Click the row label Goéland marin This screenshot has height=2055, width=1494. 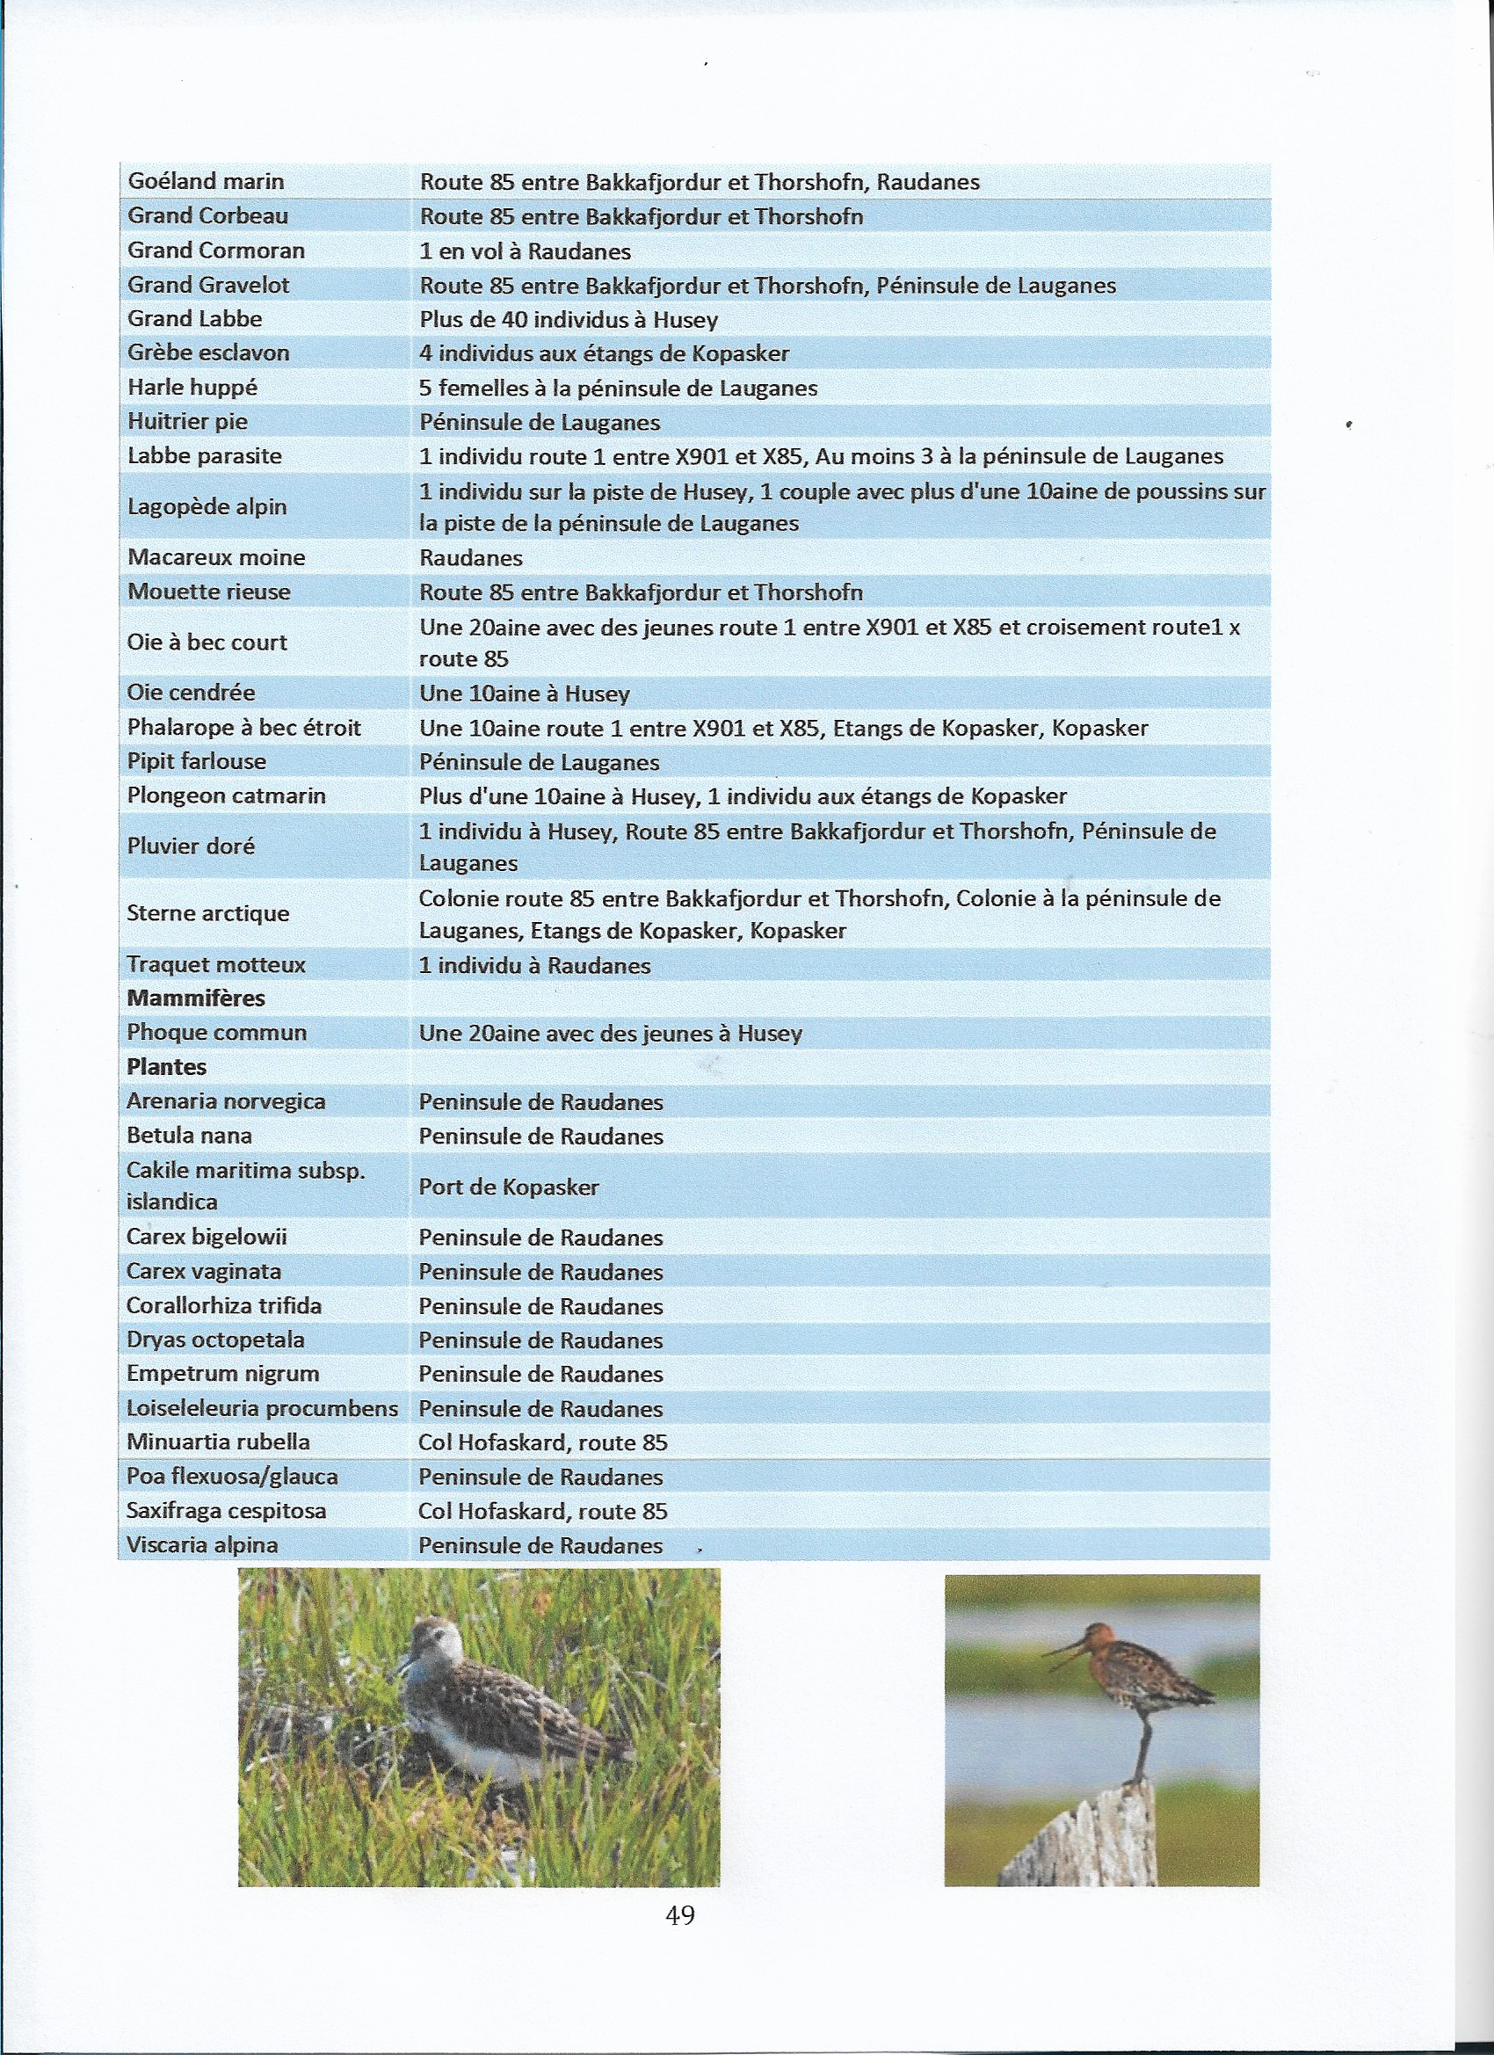(206, 181)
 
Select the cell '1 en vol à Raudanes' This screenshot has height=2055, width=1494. (525, 251)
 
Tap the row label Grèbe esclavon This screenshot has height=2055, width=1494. (208, 352)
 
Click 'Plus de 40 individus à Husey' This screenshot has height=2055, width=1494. (568, 320)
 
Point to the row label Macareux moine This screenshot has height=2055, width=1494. (215, 557)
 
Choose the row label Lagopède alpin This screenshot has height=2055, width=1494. (207, 506)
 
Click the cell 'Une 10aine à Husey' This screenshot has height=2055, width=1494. (524, 694)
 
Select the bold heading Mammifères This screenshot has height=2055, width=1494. (196, 998)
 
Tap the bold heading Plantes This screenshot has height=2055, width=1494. (167, 1067)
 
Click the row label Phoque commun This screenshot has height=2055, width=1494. (216, 1033)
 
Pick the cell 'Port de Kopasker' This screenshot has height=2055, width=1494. (508, 1187)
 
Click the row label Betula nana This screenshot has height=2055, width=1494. (189, 1136)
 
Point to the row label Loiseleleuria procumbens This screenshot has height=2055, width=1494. (262, 1409)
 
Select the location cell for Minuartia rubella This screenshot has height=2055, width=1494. (543, 1442)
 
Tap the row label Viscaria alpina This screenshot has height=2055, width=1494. (202, 1545)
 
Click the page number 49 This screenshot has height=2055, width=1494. (679, 1915)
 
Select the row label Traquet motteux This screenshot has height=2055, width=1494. (215, 965)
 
